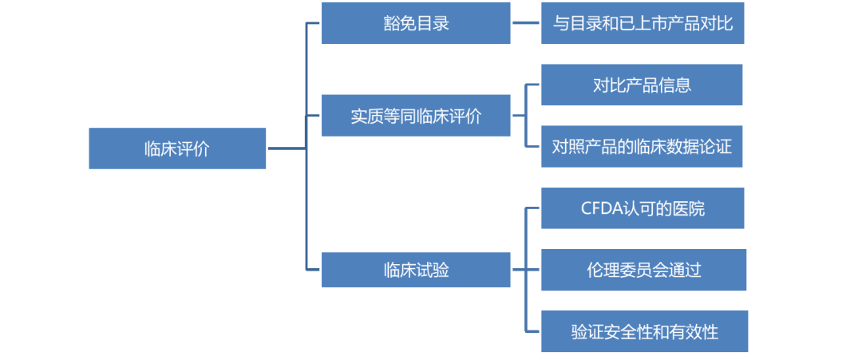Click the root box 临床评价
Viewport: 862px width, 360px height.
coord(176,148)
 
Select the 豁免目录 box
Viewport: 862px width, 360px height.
coord(416,23)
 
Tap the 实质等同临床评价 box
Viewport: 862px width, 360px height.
coord(416,116)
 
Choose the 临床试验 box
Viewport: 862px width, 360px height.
coord(416,270)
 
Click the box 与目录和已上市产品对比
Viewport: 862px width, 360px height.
coord(643,23)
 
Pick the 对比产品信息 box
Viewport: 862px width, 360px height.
coord(643,85)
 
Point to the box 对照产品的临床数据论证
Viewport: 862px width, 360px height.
coord(643,146)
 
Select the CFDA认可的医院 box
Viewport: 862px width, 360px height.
coord(643,209)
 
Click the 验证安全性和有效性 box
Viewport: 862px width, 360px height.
coord(644,330)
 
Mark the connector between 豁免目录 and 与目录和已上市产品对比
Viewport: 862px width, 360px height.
coord(525,23)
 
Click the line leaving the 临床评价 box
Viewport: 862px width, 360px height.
coord(287,148)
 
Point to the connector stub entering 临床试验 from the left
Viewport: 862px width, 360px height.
coord(313,270)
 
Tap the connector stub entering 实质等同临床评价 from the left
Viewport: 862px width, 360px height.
coord(313,116)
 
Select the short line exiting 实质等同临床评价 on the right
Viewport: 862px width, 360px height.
coord(518,116)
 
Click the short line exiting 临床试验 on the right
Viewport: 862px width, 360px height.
coord(518,270)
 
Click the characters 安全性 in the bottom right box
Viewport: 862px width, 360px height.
coord(635,331)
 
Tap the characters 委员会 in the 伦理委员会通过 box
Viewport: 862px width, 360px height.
coord(643,270)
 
